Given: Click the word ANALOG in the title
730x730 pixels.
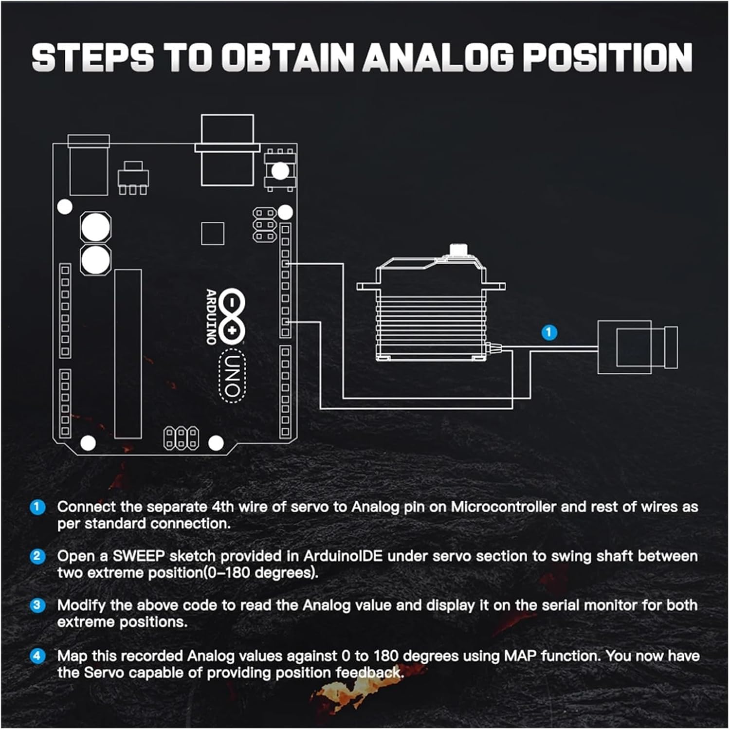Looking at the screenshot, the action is (x=438, y=57).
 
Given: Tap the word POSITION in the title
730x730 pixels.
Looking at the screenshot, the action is (x=607, y=57).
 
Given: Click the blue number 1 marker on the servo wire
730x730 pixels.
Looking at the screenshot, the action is (x=549, y=332).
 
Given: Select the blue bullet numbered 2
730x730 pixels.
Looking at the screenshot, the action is (x=37, y=556).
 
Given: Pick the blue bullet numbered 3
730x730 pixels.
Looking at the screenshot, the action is (x=37, y=605).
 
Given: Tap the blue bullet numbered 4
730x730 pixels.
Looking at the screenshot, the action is (x=37, y=656).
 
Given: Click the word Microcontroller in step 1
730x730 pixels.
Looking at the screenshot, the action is (x=503, y=507).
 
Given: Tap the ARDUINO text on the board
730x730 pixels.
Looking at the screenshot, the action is (x=211, y=316).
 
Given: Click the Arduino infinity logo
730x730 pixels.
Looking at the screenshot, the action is (x=232, y=315).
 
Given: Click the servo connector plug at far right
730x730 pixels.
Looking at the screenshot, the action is (x=638, y=347).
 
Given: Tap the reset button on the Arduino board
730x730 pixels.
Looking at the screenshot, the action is (x=279, y=170).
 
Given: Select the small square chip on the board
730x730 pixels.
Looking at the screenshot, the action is (x=213, y=234).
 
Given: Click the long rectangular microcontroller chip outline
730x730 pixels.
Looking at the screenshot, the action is (x=128, y=354).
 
